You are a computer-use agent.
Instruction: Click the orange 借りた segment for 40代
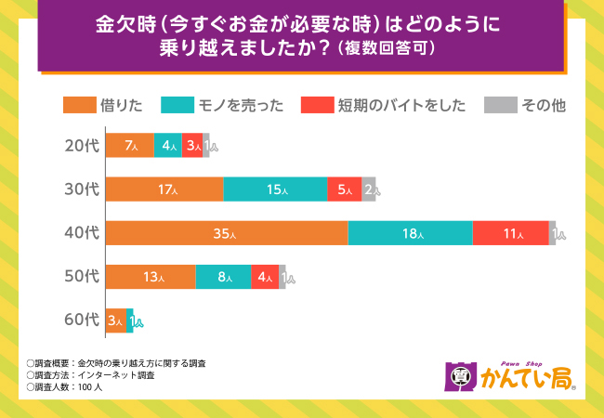point(227,233)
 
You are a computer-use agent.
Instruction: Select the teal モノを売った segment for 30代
point(275,189)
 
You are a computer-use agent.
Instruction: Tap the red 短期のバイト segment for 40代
point(510,233)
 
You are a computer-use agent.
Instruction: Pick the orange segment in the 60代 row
point(115,320)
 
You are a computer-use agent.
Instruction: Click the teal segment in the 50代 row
point(223,277)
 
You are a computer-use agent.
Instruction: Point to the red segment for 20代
point(191,146)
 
